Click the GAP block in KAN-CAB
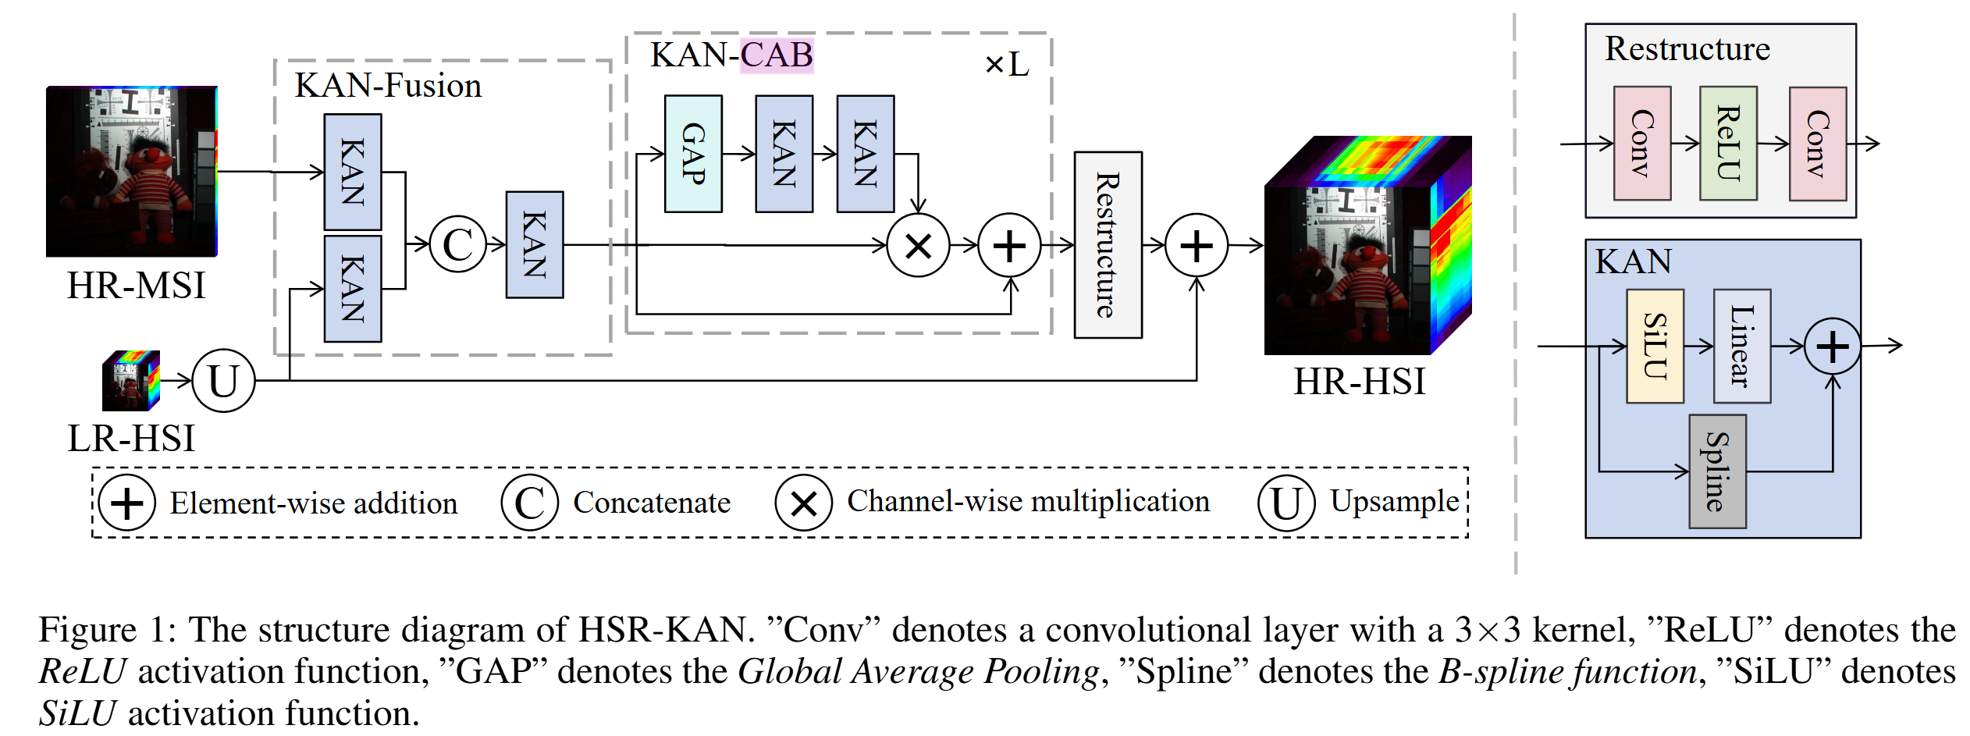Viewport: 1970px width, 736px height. coord(692,154)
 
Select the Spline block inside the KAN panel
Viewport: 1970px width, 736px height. coord(1716,471)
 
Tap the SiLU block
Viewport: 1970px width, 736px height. coord(1654,346)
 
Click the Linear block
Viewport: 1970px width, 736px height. coord(1741,346)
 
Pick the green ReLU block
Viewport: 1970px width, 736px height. coord(1728,144)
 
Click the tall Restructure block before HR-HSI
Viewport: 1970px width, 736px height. coord(1107,244)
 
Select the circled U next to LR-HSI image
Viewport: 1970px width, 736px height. coord(223,381)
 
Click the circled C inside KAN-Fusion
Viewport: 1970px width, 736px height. coord(457,244)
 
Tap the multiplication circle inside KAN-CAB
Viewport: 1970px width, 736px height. coord(918,246)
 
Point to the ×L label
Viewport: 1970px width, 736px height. coord(1006,64)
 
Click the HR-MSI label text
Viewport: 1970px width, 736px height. coord(136,286)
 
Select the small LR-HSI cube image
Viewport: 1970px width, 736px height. coord(131,381)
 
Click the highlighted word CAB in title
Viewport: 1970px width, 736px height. coord(777,55)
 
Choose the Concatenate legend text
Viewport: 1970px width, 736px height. coord(651,503)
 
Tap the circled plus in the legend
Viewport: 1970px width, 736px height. coord(126,503)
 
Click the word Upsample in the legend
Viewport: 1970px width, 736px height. coord(1394,501)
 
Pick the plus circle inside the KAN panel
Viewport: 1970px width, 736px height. coord(1832,347)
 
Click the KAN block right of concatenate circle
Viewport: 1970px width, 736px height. coord(534,244)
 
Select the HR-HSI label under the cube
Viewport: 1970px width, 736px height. coord(1359,382)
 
